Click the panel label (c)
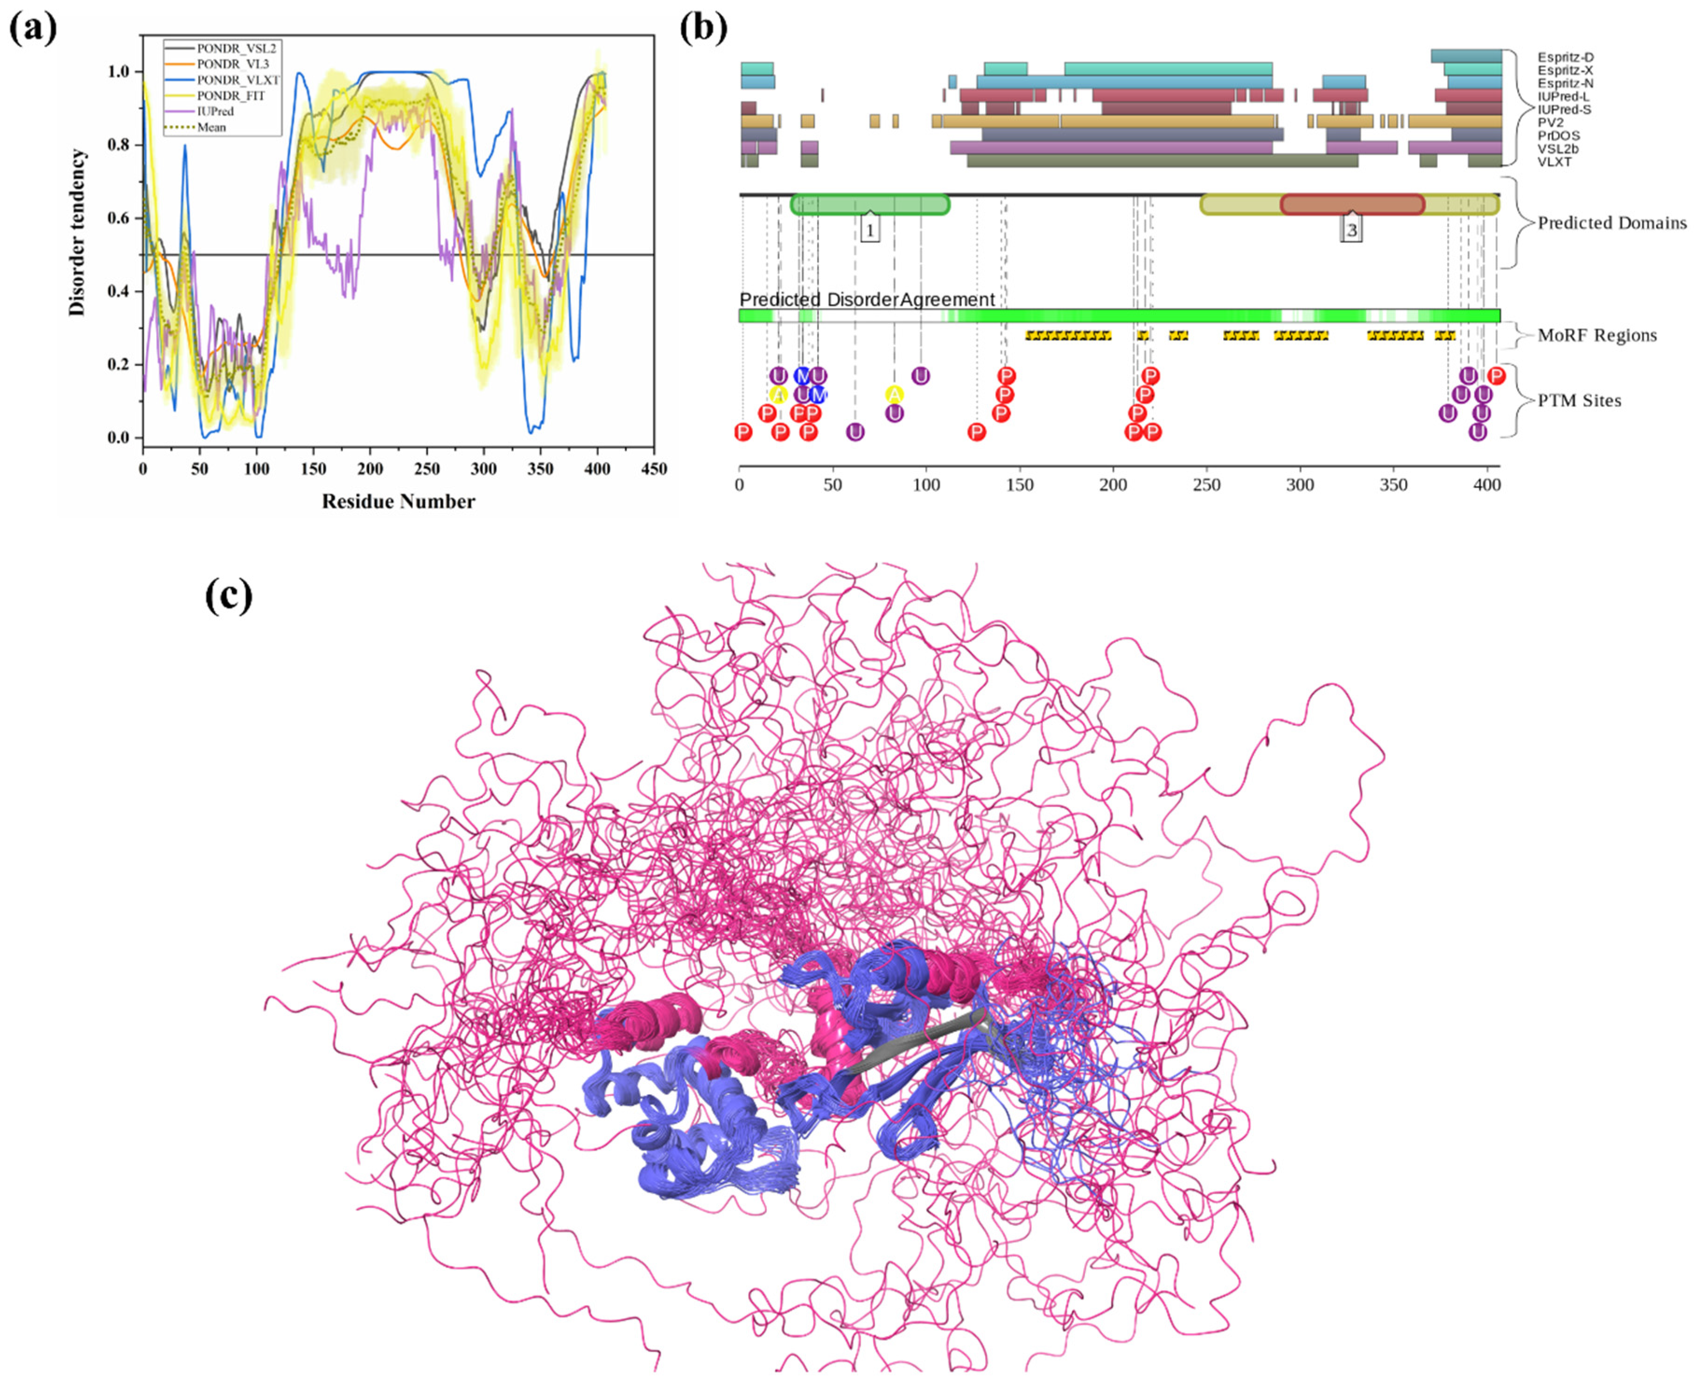(x=229, y=595)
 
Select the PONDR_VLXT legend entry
(x=237, y=80)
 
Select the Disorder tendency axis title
(x=77, y=232)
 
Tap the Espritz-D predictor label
(x=1565, y=57)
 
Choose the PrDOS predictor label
(x=1559, y=135)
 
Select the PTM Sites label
(x=1579, y=400)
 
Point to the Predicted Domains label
(x=1611, y=223)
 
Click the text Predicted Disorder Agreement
(x=867, y=300)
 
